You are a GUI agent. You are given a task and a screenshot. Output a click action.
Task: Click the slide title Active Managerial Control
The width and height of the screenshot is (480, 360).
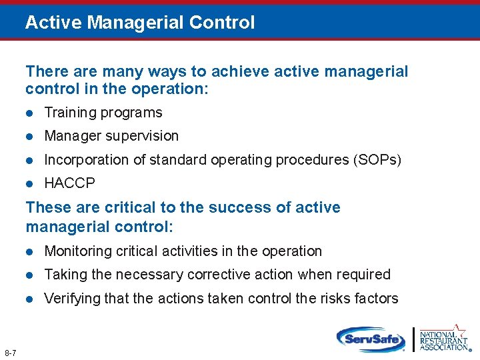pos(140,23)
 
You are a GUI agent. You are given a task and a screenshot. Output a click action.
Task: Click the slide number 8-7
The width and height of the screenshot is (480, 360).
pos(10,352)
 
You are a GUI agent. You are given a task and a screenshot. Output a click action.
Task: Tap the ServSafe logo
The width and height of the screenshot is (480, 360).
pos(371,339)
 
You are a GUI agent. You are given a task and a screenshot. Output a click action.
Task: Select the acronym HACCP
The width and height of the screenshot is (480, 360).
pos(69,183)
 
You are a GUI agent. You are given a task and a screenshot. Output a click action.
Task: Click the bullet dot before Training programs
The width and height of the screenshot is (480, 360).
pos(29,113)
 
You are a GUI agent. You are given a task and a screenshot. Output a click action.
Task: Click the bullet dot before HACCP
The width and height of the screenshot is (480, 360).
pos(29,183)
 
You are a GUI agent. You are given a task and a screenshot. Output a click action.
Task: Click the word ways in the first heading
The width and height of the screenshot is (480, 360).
pos(140,71)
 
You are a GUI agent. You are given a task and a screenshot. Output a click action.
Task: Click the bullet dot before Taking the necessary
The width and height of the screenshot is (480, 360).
pos(29,275)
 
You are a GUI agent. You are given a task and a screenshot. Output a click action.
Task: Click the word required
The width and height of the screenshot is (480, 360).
pos(364,275)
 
